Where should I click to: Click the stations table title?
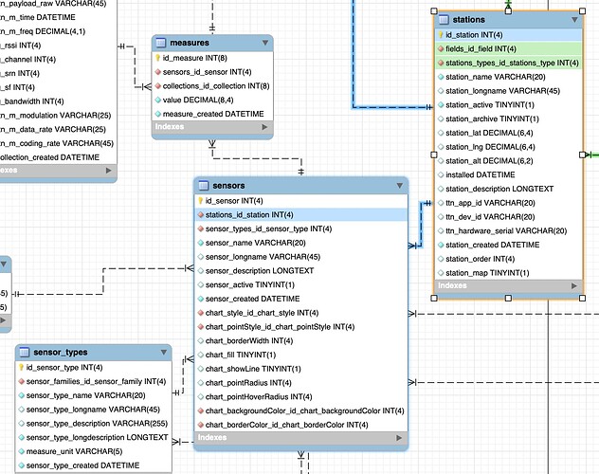471,19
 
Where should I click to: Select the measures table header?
186,43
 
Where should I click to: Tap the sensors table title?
230,186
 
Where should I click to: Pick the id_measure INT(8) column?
192,58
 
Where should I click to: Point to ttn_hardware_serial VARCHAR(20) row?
506,230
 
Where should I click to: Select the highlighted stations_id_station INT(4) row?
248,215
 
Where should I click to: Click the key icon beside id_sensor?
200,201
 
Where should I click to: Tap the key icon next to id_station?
440,35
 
